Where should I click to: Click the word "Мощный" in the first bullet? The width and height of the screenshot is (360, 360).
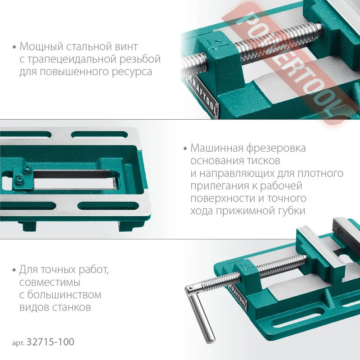(x=41, y=47)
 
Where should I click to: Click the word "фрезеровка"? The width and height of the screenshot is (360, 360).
(x=276, y=148)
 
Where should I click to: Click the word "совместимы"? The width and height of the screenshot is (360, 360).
(x=49, y=283)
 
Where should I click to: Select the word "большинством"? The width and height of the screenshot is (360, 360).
(x=64, y=295)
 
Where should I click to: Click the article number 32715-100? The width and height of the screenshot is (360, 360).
(x=50, y=342)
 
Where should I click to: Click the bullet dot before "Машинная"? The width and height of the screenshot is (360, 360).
(x=185, y=149)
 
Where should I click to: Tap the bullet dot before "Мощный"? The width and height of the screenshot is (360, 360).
(x=14, y=48)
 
